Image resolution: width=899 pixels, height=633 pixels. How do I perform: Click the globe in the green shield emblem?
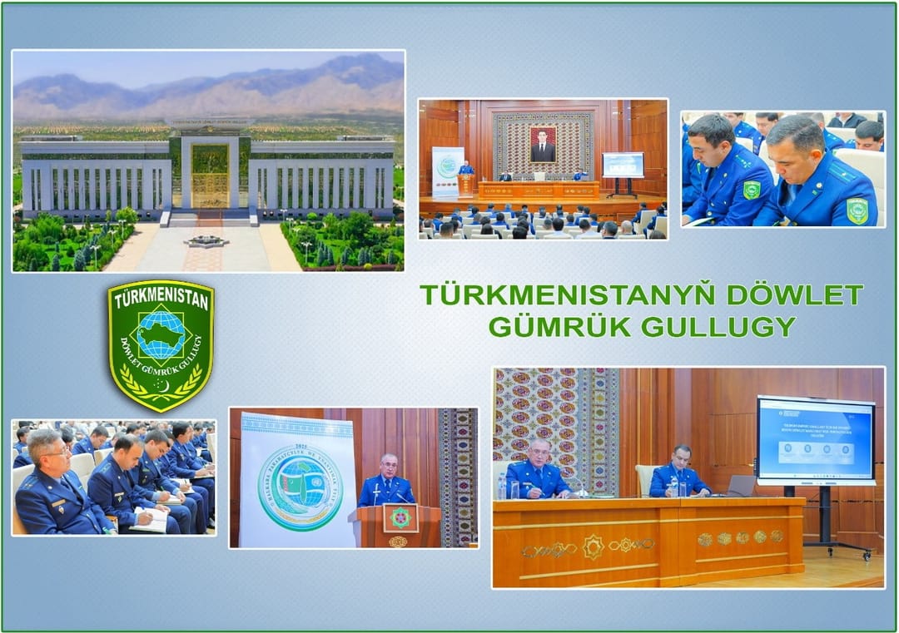coord(161,334)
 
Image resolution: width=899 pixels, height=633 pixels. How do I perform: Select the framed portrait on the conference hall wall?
coord(543,144)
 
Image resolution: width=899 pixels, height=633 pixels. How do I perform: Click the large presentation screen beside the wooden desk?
coord(815,440)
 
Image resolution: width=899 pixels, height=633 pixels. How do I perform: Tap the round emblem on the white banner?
coord(300,487)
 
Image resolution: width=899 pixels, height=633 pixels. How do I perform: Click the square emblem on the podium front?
coord(400,518)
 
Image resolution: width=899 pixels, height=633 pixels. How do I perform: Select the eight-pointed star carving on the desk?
coord(593,546)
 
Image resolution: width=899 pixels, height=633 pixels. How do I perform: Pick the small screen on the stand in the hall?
coord(623,164)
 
